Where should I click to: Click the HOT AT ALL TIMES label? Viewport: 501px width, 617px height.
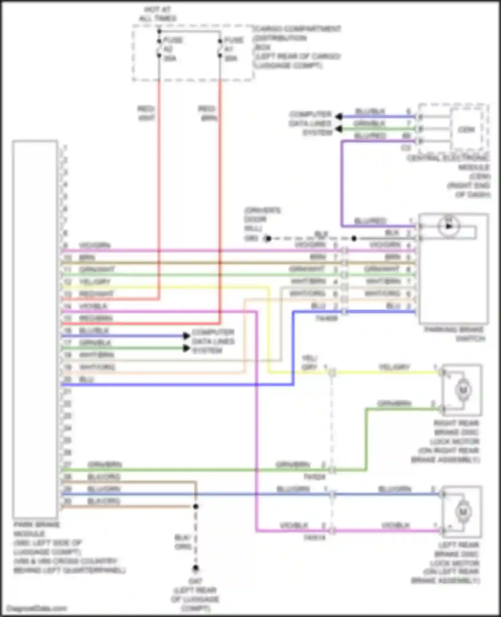coord(158,14)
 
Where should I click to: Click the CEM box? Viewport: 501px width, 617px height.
coord(466,129)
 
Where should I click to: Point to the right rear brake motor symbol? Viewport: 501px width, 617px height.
coord(463,390)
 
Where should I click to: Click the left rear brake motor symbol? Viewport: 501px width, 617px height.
coord(463,512)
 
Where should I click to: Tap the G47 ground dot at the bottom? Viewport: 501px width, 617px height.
coord(195,568)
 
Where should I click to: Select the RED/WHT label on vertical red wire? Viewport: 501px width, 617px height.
coord(146,113)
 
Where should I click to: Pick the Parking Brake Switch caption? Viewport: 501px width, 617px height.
coord(454,334)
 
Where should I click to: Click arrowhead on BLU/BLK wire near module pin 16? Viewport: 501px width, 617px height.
coord(186,336)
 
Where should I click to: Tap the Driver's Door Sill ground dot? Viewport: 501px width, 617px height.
coord(268,238)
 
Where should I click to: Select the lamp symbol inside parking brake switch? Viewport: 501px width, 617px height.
coord(449,226)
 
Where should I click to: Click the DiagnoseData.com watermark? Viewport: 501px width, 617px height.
coord(37,609)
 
